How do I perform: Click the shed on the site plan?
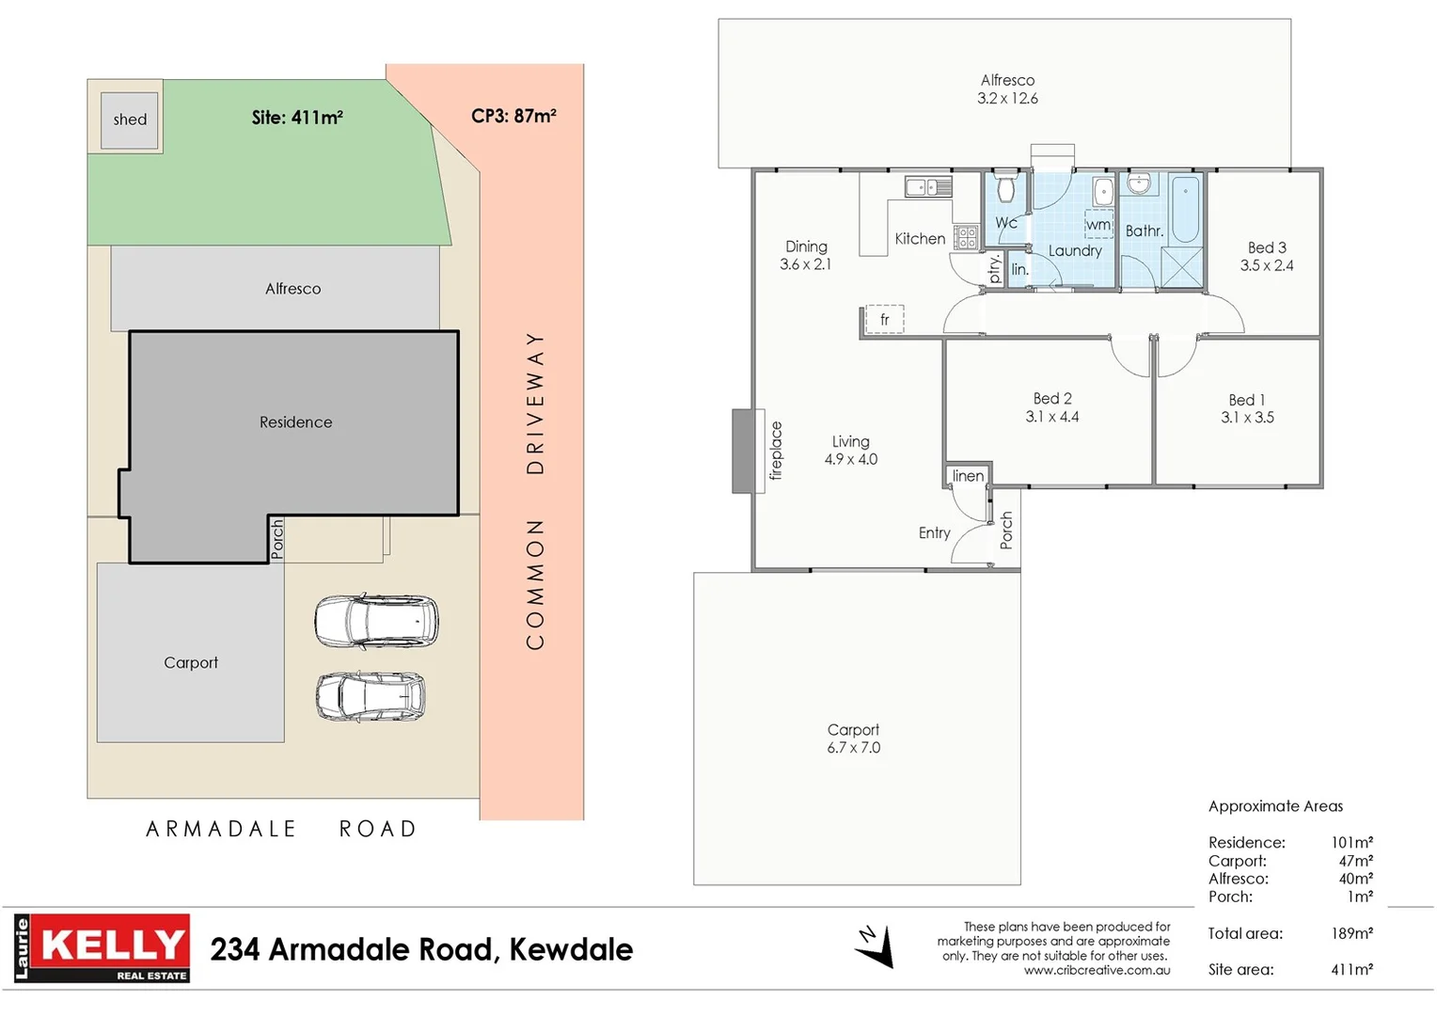pos(130,119)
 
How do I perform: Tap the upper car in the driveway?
pos(376,621)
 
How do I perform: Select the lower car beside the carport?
pos(371,696)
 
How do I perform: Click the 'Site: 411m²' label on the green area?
pos(297,118)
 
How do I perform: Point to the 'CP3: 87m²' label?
pos(513,116)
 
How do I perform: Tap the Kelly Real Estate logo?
pos(103,948)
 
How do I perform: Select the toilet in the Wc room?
pos(1006,187)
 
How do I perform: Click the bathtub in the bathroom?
pos(1185,208)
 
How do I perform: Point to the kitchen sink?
pos(928,186)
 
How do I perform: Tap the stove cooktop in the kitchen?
pos(966,237)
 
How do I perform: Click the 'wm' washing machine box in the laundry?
pos(1098,225)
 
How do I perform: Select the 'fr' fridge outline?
pos(884,320)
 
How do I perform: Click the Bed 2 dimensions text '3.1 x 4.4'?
pos(1052,417)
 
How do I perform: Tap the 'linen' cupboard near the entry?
pos(968,476)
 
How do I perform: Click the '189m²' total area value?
pos(1351,933)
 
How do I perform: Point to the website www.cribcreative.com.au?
pos(1097,971)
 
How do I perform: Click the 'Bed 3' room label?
pos(1267,247)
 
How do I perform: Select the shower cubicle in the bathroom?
pos(1182,267)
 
